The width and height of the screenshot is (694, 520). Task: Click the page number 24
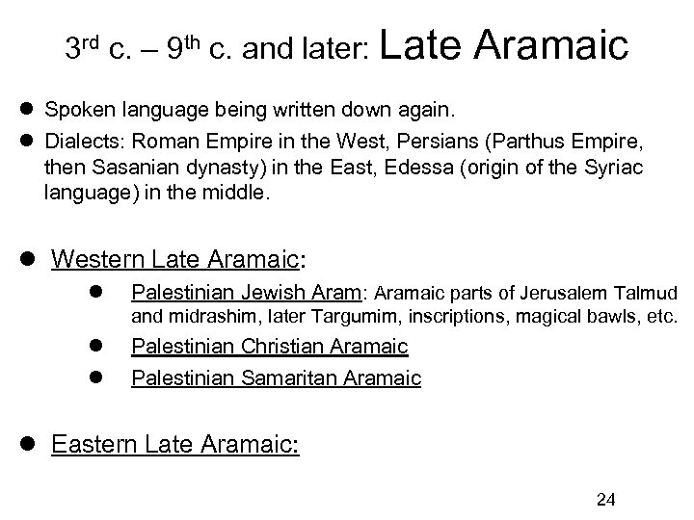coord(606,498)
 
